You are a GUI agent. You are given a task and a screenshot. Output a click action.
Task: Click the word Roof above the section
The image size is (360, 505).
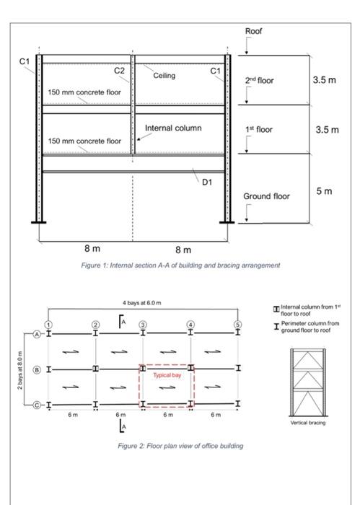click(x=253, y=32)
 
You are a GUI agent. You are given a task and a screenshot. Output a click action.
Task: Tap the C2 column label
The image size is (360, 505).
click(x=120, y=70)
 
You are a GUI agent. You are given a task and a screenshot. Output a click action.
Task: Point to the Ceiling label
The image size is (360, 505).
click(x=164, y=75)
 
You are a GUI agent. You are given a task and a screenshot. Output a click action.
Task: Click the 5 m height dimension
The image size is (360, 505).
click(x=324, y=191)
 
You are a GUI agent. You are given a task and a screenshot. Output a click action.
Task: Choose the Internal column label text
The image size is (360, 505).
click(x=173, y=128)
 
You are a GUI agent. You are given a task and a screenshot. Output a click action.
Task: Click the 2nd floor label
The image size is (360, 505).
click(x=259, y=80)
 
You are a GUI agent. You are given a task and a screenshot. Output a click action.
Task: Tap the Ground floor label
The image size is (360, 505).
click(x=265, y=196)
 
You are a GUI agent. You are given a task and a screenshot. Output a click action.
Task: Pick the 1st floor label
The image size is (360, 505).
click(x=258, y=130)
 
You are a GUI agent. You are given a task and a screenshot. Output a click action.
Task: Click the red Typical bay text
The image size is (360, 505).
click(x=166, y=376)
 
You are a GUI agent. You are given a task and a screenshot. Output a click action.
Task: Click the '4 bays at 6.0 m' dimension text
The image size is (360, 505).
click(x=142, y=303)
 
